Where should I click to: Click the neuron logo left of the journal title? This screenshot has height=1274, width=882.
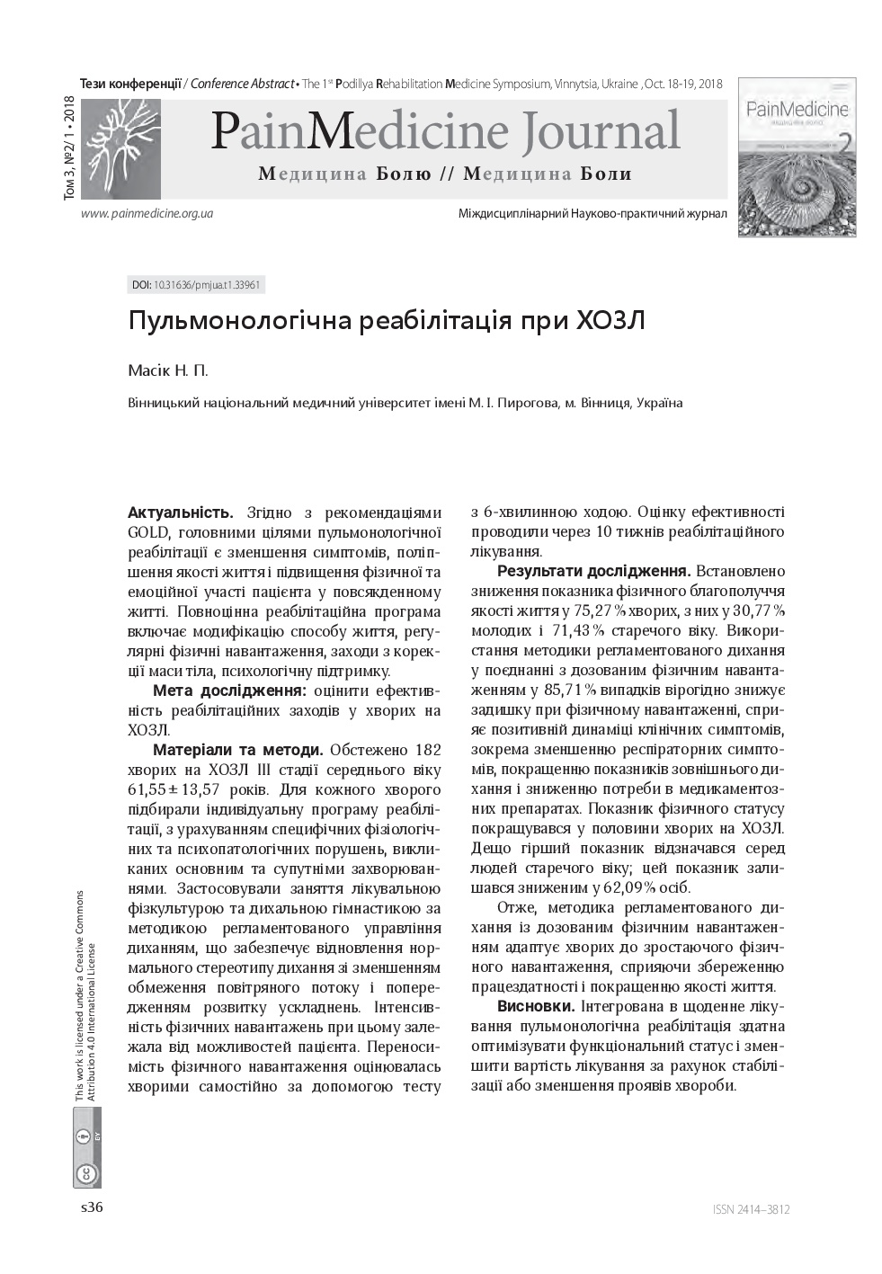pos(120,148)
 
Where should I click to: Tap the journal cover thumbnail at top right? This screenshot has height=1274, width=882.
pos(797,157)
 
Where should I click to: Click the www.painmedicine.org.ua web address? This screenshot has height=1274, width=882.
pos(147,214)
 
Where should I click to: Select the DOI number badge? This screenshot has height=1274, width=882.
pos(197,285)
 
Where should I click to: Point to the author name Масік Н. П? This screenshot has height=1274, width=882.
pos(168,370)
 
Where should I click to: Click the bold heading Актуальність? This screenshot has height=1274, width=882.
pos(181,513)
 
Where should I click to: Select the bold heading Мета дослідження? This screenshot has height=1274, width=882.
pos(229,690)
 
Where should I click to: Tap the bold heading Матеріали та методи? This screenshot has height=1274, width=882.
pos(238,750)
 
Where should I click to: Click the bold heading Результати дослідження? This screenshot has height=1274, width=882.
pos(593,572)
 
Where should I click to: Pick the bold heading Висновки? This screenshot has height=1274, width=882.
pos(536,1006)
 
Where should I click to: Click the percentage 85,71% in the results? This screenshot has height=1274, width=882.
pos(569,690)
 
